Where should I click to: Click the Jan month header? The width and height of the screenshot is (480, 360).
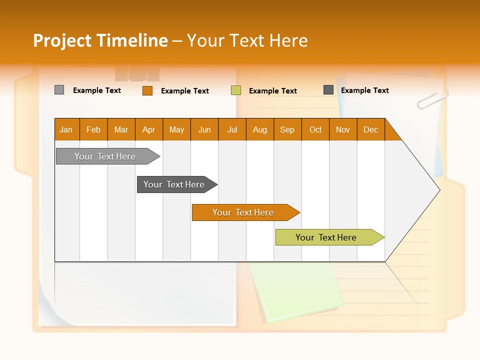point(66,129)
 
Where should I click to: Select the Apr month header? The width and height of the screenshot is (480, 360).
point(149,129)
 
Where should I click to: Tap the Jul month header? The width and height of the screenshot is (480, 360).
point(232,129)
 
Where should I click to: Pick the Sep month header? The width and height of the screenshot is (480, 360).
point(287,129)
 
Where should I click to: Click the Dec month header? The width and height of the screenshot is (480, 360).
point(370,129)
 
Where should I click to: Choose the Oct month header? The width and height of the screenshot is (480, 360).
point(315,129)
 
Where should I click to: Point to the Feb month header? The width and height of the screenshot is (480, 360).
point(93,129)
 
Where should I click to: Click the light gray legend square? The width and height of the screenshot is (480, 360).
point(59,90)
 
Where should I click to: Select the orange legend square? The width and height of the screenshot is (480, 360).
point(147,90)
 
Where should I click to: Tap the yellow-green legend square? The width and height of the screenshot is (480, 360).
point(236,90)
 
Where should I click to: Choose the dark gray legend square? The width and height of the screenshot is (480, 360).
point(328,90)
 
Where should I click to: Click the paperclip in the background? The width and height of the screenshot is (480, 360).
point(432,99)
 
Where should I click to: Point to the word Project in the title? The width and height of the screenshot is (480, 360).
point(62,40)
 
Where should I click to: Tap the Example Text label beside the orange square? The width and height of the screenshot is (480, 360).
point(185,91)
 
